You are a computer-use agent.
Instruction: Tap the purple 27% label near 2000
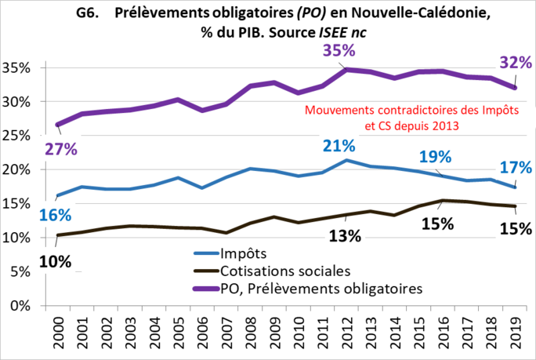60,150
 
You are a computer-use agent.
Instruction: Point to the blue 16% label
55,215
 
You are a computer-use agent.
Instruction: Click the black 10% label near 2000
55,261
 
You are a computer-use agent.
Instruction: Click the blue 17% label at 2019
514,167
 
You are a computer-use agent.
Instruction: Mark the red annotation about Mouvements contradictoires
411,117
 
